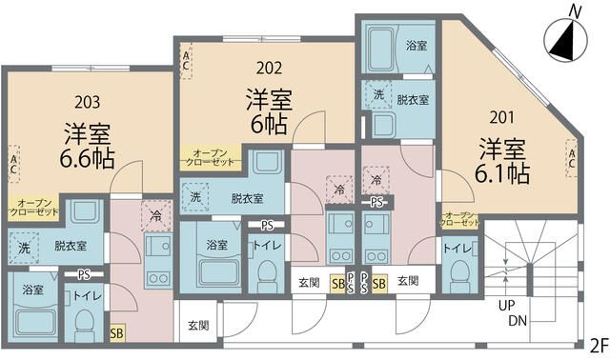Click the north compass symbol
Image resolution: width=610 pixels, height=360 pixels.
click(566, 40)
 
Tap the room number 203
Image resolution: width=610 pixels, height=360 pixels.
click(87, 102)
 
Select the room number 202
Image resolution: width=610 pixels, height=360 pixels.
click(269, 69)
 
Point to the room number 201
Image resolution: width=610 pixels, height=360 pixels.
click(502, 117)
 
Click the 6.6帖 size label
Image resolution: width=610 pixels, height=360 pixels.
click(87, 158)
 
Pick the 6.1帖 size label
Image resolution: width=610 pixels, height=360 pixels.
click(502, 173)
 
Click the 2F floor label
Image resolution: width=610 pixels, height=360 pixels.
click(599, 346)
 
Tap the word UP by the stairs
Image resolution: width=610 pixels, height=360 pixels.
click(506, 306)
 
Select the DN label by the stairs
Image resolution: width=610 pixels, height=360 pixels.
click(518, 321)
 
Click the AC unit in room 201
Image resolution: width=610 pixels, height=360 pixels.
click(572, 158)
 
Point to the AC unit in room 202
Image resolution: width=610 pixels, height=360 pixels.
click(186, 61)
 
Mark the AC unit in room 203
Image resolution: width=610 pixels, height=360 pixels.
click(13, 164)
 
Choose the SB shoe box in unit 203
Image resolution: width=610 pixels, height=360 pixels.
click(116, 333)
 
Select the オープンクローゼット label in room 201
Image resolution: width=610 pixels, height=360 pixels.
click(459, 220)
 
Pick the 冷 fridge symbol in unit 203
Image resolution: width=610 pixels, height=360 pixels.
click(156, 216)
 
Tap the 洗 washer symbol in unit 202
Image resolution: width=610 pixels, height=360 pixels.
click(195, 197)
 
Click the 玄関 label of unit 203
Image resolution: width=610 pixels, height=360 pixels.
click(198, 326)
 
